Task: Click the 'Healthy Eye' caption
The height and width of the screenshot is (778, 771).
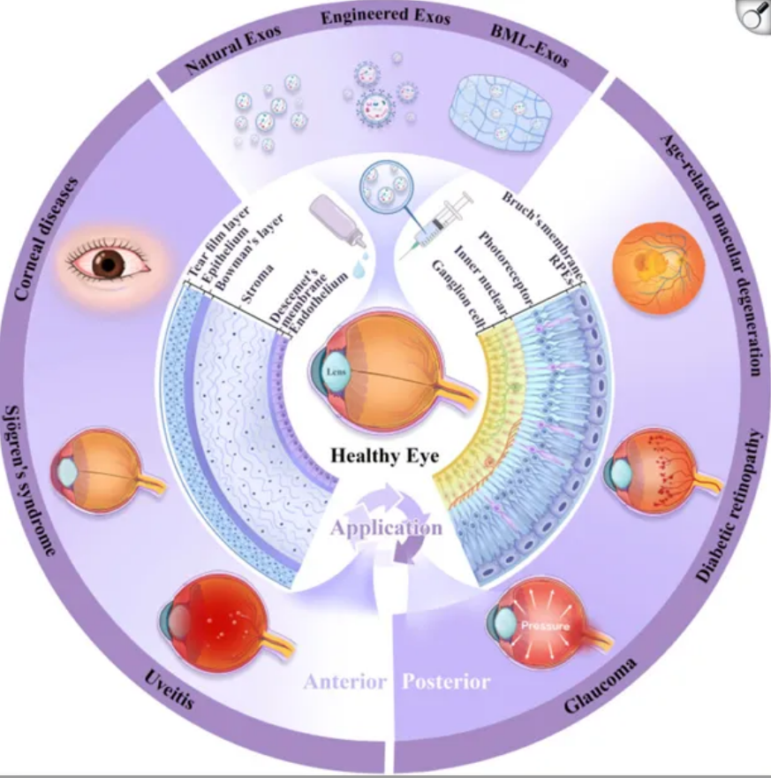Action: point(384,455)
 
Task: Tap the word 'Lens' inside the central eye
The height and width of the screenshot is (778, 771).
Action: point(336,371)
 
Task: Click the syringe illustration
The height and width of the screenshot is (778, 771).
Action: point(436,225)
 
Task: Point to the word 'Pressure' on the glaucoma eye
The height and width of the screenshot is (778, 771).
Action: point(545,626)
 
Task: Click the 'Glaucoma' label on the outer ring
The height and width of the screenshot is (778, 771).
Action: point(600,686)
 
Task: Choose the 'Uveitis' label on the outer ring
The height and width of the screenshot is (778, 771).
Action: point(170,690)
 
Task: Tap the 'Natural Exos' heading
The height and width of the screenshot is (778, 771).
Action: point(233,50)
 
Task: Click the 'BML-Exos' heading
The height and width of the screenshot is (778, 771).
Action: point(529,45)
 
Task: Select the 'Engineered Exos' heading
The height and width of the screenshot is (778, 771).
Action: point(385,17)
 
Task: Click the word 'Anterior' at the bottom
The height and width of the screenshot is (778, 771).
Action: point(344,682)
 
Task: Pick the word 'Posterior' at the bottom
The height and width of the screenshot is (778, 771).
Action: point(446,682)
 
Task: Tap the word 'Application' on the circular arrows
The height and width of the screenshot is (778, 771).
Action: point(386,528)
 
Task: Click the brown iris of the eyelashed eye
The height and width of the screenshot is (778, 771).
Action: point(109,263)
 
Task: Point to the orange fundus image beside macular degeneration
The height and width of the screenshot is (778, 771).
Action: point(659,268)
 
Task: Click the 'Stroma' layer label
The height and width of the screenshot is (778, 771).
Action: point(257,283)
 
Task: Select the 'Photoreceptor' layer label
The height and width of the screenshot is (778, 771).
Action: point(505,268)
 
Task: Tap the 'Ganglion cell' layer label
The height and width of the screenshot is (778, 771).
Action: point(459,294)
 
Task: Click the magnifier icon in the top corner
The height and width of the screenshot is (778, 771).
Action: point(753,16)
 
